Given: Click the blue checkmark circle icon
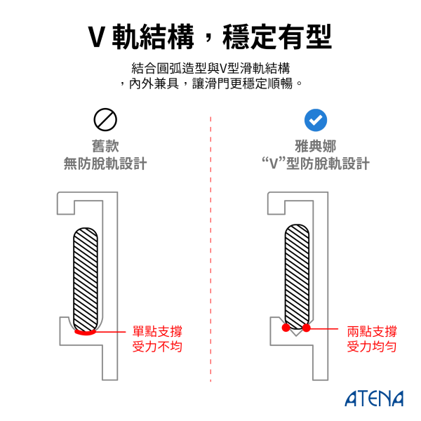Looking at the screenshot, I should (316, 120).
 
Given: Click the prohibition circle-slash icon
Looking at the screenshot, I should (105, 120).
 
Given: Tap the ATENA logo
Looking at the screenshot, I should (374, 399).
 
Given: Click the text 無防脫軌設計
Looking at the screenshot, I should (105, 164).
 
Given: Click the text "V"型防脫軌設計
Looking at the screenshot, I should (315, 164).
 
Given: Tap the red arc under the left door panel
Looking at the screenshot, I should (86, 332).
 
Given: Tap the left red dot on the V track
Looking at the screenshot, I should (286, 328).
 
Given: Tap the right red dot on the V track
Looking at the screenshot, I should (307, 328).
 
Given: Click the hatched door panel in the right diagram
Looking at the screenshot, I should (296, 274).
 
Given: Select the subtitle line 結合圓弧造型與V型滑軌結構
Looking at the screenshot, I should (210, 68).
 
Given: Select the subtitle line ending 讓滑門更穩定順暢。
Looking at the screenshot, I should (210, 83).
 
